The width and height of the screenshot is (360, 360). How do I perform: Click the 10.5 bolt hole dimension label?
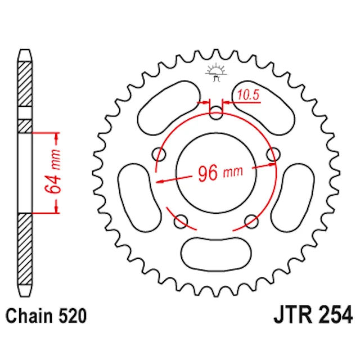pos(248,95)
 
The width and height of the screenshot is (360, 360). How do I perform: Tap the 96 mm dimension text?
pos(220,173)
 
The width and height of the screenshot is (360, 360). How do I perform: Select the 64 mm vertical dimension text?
pos(53,171)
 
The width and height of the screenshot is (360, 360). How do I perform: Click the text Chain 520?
pos(46,316)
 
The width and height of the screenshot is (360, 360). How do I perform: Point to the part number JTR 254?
pos(313,314)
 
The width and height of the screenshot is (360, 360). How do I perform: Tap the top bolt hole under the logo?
pos(216,113)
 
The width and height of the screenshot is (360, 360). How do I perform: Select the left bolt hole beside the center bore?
pos(159,155)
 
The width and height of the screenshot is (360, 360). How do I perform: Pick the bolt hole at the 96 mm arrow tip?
pos(273,155)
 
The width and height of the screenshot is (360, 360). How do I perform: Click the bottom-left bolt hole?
pos(181,222)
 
